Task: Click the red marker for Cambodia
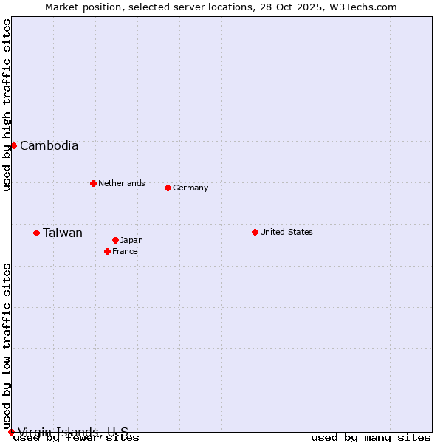click(13, 145)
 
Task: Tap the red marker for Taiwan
click(36, 233)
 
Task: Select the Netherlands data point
click(93, 183)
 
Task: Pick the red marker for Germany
click(168, 188)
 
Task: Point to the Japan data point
click(115, 240)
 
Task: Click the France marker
click(107, 251)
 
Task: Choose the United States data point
click(255, 232)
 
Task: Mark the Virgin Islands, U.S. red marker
click(11, 432)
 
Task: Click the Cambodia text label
click(49, 145)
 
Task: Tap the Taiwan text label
click(63, 233)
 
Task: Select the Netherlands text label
click(122, 183)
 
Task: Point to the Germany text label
click(190, 188)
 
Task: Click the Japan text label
click(131, 240)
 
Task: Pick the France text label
click(125, 251)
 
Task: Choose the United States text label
click(286, 232)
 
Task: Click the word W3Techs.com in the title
click(363, 7)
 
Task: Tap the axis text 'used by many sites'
click(371, 438)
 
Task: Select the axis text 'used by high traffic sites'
click(7, 105)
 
